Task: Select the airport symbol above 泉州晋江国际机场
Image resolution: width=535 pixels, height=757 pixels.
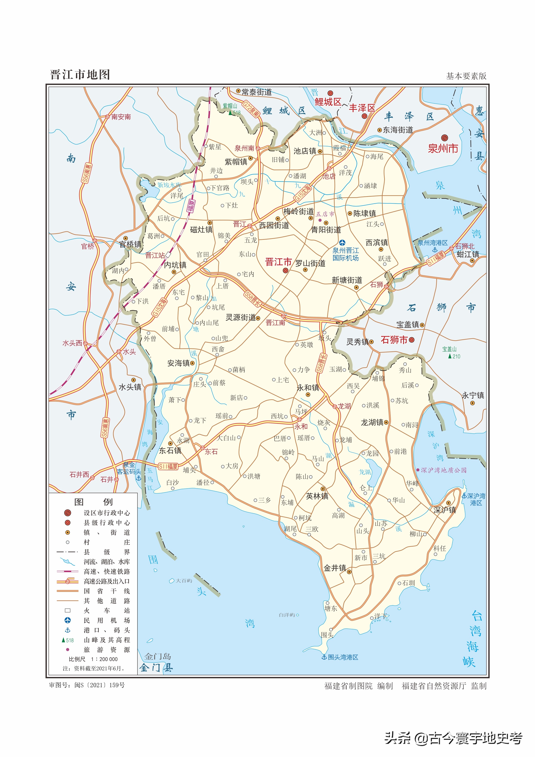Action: click(342, 243)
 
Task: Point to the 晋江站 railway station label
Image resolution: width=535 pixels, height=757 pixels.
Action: click(155, 255)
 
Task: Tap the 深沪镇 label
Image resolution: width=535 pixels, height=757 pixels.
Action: click(445, 510)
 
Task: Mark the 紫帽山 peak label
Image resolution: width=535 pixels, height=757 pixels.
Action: click(230, 106)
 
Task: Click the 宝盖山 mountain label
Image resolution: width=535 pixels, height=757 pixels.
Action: click(449, 349)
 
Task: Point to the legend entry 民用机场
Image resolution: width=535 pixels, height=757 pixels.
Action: click(106, 621)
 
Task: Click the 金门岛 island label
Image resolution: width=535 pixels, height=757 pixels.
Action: click(158, 657)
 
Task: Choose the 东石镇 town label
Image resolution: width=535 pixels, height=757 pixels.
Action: click(170, 450)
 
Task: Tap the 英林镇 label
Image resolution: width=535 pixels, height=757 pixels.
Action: click(317, 496)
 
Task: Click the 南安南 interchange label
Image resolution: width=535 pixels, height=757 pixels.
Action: click(121, 117)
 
